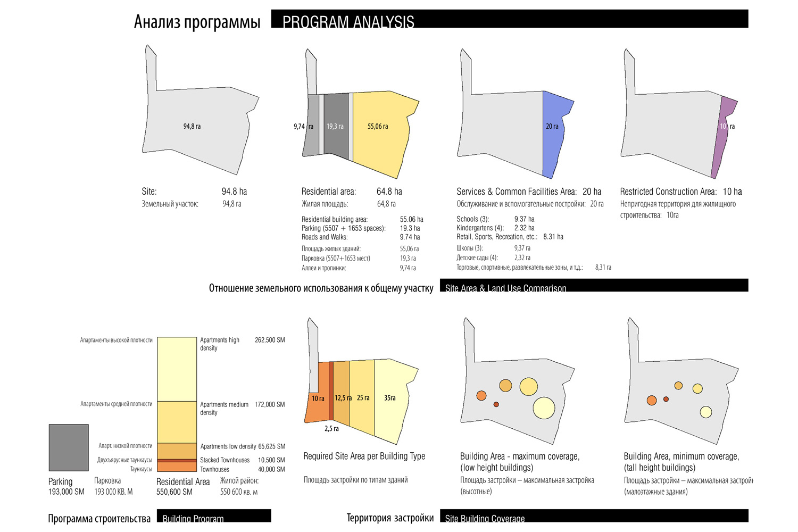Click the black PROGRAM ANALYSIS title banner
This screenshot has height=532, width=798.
click(x=509, y=19)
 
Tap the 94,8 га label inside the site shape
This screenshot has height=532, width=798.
click(x=192, y=127)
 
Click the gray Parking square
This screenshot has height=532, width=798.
click(x=69, y=447)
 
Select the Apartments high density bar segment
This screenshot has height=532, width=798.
click(x=177, y=369)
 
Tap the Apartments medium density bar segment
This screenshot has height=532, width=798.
click(x=177, y=422)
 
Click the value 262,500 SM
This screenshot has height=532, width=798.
click(x=270, y=340)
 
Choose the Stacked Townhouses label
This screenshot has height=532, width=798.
click(x=225, y=460)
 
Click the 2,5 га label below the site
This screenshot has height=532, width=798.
click(x=331, y=429)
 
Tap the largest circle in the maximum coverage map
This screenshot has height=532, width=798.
click(x=544, y=408)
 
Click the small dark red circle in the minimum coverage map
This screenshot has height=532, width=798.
click(x=666, y=399)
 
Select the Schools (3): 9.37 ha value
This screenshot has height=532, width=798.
click(x=524, y=219)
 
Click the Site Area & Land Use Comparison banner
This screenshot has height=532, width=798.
click(x=594, y=286)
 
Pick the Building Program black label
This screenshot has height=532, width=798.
click(x=214, y=516)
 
